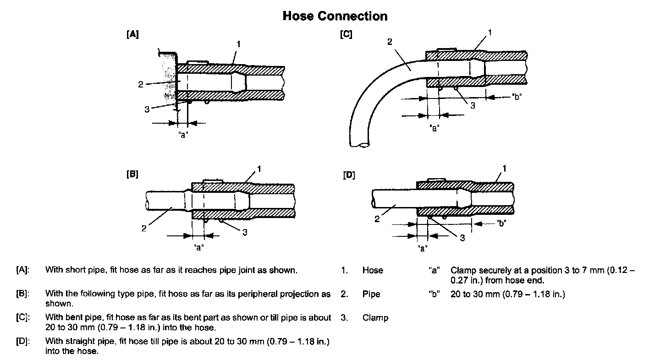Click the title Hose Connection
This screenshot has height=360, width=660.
(x=335, y=16)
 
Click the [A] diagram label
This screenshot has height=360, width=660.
(x=132, y=34)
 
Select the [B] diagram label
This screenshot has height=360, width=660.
(x=132, y=175)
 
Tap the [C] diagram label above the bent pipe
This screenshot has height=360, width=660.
(x=346, y=34)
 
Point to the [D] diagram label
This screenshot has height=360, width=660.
(x=349, y=175)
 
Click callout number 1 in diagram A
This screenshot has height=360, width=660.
(x=238, y=44)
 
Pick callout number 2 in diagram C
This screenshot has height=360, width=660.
(x=390, y=42)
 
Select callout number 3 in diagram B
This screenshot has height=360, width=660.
(x=245, y=232)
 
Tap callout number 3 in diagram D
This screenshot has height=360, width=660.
(x=462, y=238)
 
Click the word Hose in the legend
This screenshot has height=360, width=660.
(x=372, y=270)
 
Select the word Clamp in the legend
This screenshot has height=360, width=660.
(x=375, y=318)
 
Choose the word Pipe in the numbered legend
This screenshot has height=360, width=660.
(x=371, y=294)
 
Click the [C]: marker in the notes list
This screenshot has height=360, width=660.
(x=22, y=318)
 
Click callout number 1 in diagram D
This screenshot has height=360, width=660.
(x=505, y=169)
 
